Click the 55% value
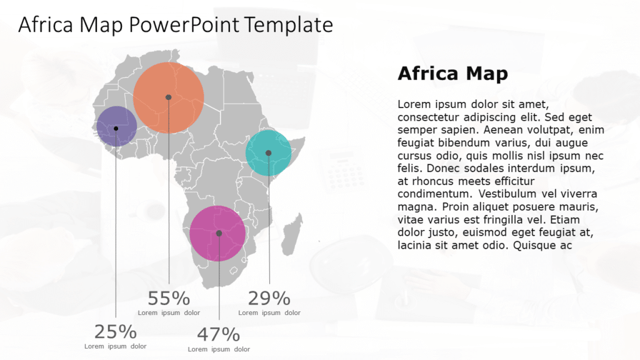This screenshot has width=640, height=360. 169,299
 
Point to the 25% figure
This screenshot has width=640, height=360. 116,332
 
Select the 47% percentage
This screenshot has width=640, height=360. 219,334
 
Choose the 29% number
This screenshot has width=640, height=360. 269,299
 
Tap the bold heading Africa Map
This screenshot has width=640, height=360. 452,74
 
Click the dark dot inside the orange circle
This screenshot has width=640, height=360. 168,97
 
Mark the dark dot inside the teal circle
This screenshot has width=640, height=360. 269,152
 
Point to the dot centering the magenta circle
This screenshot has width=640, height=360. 219,233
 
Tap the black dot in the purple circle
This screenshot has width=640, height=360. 116,128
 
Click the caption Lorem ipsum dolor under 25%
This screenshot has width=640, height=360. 116,346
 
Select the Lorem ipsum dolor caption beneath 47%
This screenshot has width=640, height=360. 219,349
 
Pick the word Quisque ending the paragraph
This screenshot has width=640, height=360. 535,246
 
